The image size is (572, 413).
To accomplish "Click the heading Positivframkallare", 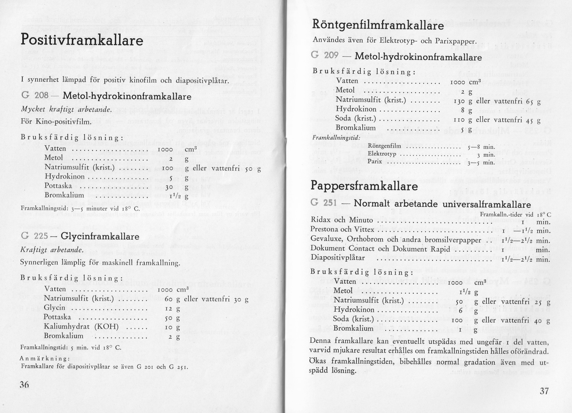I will pyautogui.click(x=82, y=40).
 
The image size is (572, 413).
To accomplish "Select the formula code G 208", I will pyautogui.click(x=35, y=96).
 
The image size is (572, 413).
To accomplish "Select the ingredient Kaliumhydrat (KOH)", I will pyautogui.click(x=81, y=327).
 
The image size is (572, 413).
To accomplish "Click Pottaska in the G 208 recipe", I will pyautogui.click(x=58, y=186).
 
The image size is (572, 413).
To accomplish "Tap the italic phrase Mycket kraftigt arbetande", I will pyautogui.click(x=66, y=109).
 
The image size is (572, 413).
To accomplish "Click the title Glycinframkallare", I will pyautogui.click(x=100, y=236).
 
